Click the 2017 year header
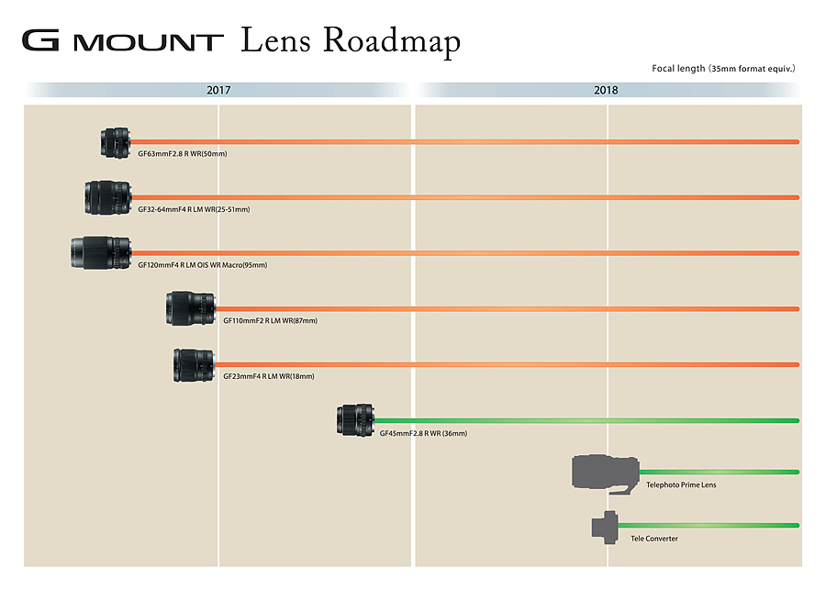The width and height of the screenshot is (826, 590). coord(218,90)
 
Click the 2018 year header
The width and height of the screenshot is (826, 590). coord(606,90)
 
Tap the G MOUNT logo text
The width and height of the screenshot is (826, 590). coord(123,40)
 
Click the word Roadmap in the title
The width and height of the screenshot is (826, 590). coord(391,41)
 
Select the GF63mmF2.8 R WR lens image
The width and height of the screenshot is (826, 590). coord(116,142)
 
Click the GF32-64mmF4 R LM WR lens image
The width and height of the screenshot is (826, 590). coord(108,197)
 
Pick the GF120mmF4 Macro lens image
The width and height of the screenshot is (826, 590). coord(101,253)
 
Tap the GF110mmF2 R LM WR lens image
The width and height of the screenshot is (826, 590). coord(191,308)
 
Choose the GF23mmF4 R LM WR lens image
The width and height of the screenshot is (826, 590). coord(195,364)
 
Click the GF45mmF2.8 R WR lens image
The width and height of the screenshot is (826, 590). coord(355,420)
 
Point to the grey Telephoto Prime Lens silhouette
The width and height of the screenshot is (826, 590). coord(606,474)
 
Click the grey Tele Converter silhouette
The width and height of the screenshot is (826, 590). coord(605,527)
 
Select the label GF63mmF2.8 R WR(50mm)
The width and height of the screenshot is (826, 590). coord(183,154)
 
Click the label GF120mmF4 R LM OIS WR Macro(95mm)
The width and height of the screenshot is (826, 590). coord(202,265)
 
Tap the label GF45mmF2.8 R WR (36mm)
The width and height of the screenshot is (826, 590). coord(423,433)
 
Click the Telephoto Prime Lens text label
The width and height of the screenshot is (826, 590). coord(681,484)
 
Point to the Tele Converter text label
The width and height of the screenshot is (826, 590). coord(654,539)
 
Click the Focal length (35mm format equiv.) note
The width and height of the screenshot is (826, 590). coord(723,69)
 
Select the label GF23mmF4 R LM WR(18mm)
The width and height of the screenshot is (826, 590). coord(269,376)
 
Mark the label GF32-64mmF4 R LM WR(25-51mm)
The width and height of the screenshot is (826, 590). coord(194,209)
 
